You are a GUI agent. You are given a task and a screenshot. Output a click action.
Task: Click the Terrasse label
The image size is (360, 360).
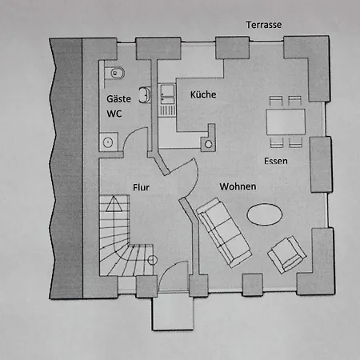pos(264,25)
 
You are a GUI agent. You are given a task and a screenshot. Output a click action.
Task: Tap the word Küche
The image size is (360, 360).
pos(203,94)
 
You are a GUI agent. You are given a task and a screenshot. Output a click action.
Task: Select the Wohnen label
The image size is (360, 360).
pos(238,186)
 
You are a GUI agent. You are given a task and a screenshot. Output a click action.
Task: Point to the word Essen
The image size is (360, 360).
pos(276,161)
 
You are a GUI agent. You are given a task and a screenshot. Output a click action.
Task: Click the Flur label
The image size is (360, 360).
pos(141,187)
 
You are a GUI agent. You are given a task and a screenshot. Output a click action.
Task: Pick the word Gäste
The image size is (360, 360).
pos(118,98)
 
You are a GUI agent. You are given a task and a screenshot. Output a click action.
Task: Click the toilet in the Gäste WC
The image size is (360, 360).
pos(114,73)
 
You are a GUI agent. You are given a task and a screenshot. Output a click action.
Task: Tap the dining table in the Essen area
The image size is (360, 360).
pos(286,122)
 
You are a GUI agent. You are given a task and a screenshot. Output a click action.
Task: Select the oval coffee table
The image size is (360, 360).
pos(265,214)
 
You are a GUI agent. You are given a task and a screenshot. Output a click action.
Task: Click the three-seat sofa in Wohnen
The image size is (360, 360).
pos(224,232)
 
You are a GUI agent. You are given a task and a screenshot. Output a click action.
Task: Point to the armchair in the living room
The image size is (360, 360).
pos(287,254)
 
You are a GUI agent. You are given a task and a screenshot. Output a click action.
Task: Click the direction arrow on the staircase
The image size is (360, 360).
pos(114,204)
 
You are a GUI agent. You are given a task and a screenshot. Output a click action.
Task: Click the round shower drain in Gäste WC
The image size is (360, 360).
pos(108,142)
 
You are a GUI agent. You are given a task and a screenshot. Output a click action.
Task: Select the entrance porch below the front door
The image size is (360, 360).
pos(173,311)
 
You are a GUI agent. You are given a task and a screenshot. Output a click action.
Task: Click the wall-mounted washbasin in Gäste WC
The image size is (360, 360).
pos(145,94)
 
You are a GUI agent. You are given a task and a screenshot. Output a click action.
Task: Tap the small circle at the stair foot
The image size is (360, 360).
pos(153,260)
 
